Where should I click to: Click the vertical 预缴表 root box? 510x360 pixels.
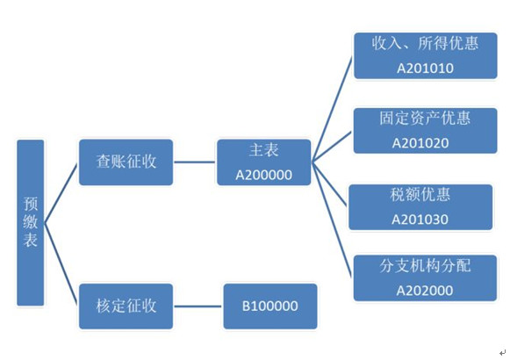pos(30,223)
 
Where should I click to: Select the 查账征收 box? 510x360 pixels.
pos(126,162)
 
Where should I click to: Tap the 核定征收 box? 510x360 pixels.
pos(126,306)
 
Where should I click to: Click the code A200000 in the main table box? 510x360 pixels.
pos(264,175)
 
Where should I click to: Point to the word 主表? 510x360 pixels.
pos(264,150)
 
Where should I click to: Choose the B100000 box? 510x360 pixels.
pos(270,306)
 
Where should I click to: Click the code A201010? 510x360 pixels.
pos(425,68)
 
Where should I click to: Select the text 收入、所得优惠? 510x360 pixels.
pos(425,43)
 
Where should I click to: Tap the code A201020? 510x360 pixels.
pos(420,143)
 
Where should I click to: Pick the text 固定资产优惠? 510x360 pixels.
pos(425,118)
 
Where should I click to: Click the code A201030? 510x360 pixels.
pos(420,220)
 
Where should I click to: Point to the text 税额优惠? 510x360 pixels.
pos(420,195)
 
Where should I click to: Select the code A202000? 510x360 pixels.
pos(425,291)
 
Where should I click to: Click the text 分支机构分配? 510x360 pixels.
pos(425,266)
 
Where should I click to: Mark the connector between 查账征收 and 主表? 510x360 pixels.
pos(195,162)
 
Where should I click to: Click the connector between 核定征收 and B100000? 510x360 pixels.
pos(198,306)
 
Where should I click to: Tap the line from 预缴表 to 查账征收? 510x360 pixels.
pos(61,193)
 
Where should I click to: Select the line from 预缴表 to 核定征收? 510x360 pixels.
pos(61,263)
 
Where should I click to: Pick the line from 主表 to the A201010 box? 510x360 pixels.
pos(332,110)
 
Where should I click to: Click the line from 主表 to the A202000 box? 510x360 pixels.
pos(332,220)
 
